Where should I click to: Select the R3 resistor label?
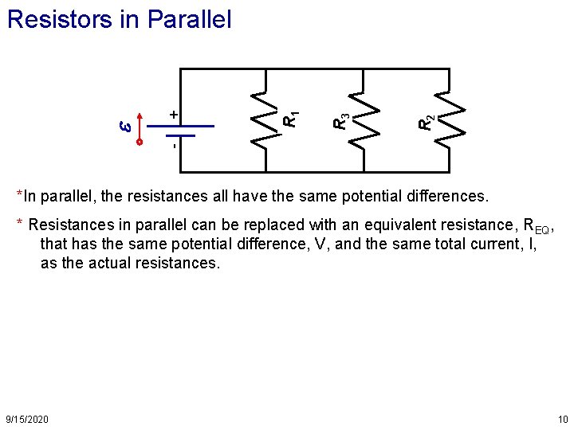pos(340,120)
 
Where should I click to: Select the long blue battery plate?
pos(191,127)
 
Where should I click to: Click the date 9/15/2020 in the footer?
pos(27,419)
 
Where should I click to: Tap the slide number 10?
pos(563,419)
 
